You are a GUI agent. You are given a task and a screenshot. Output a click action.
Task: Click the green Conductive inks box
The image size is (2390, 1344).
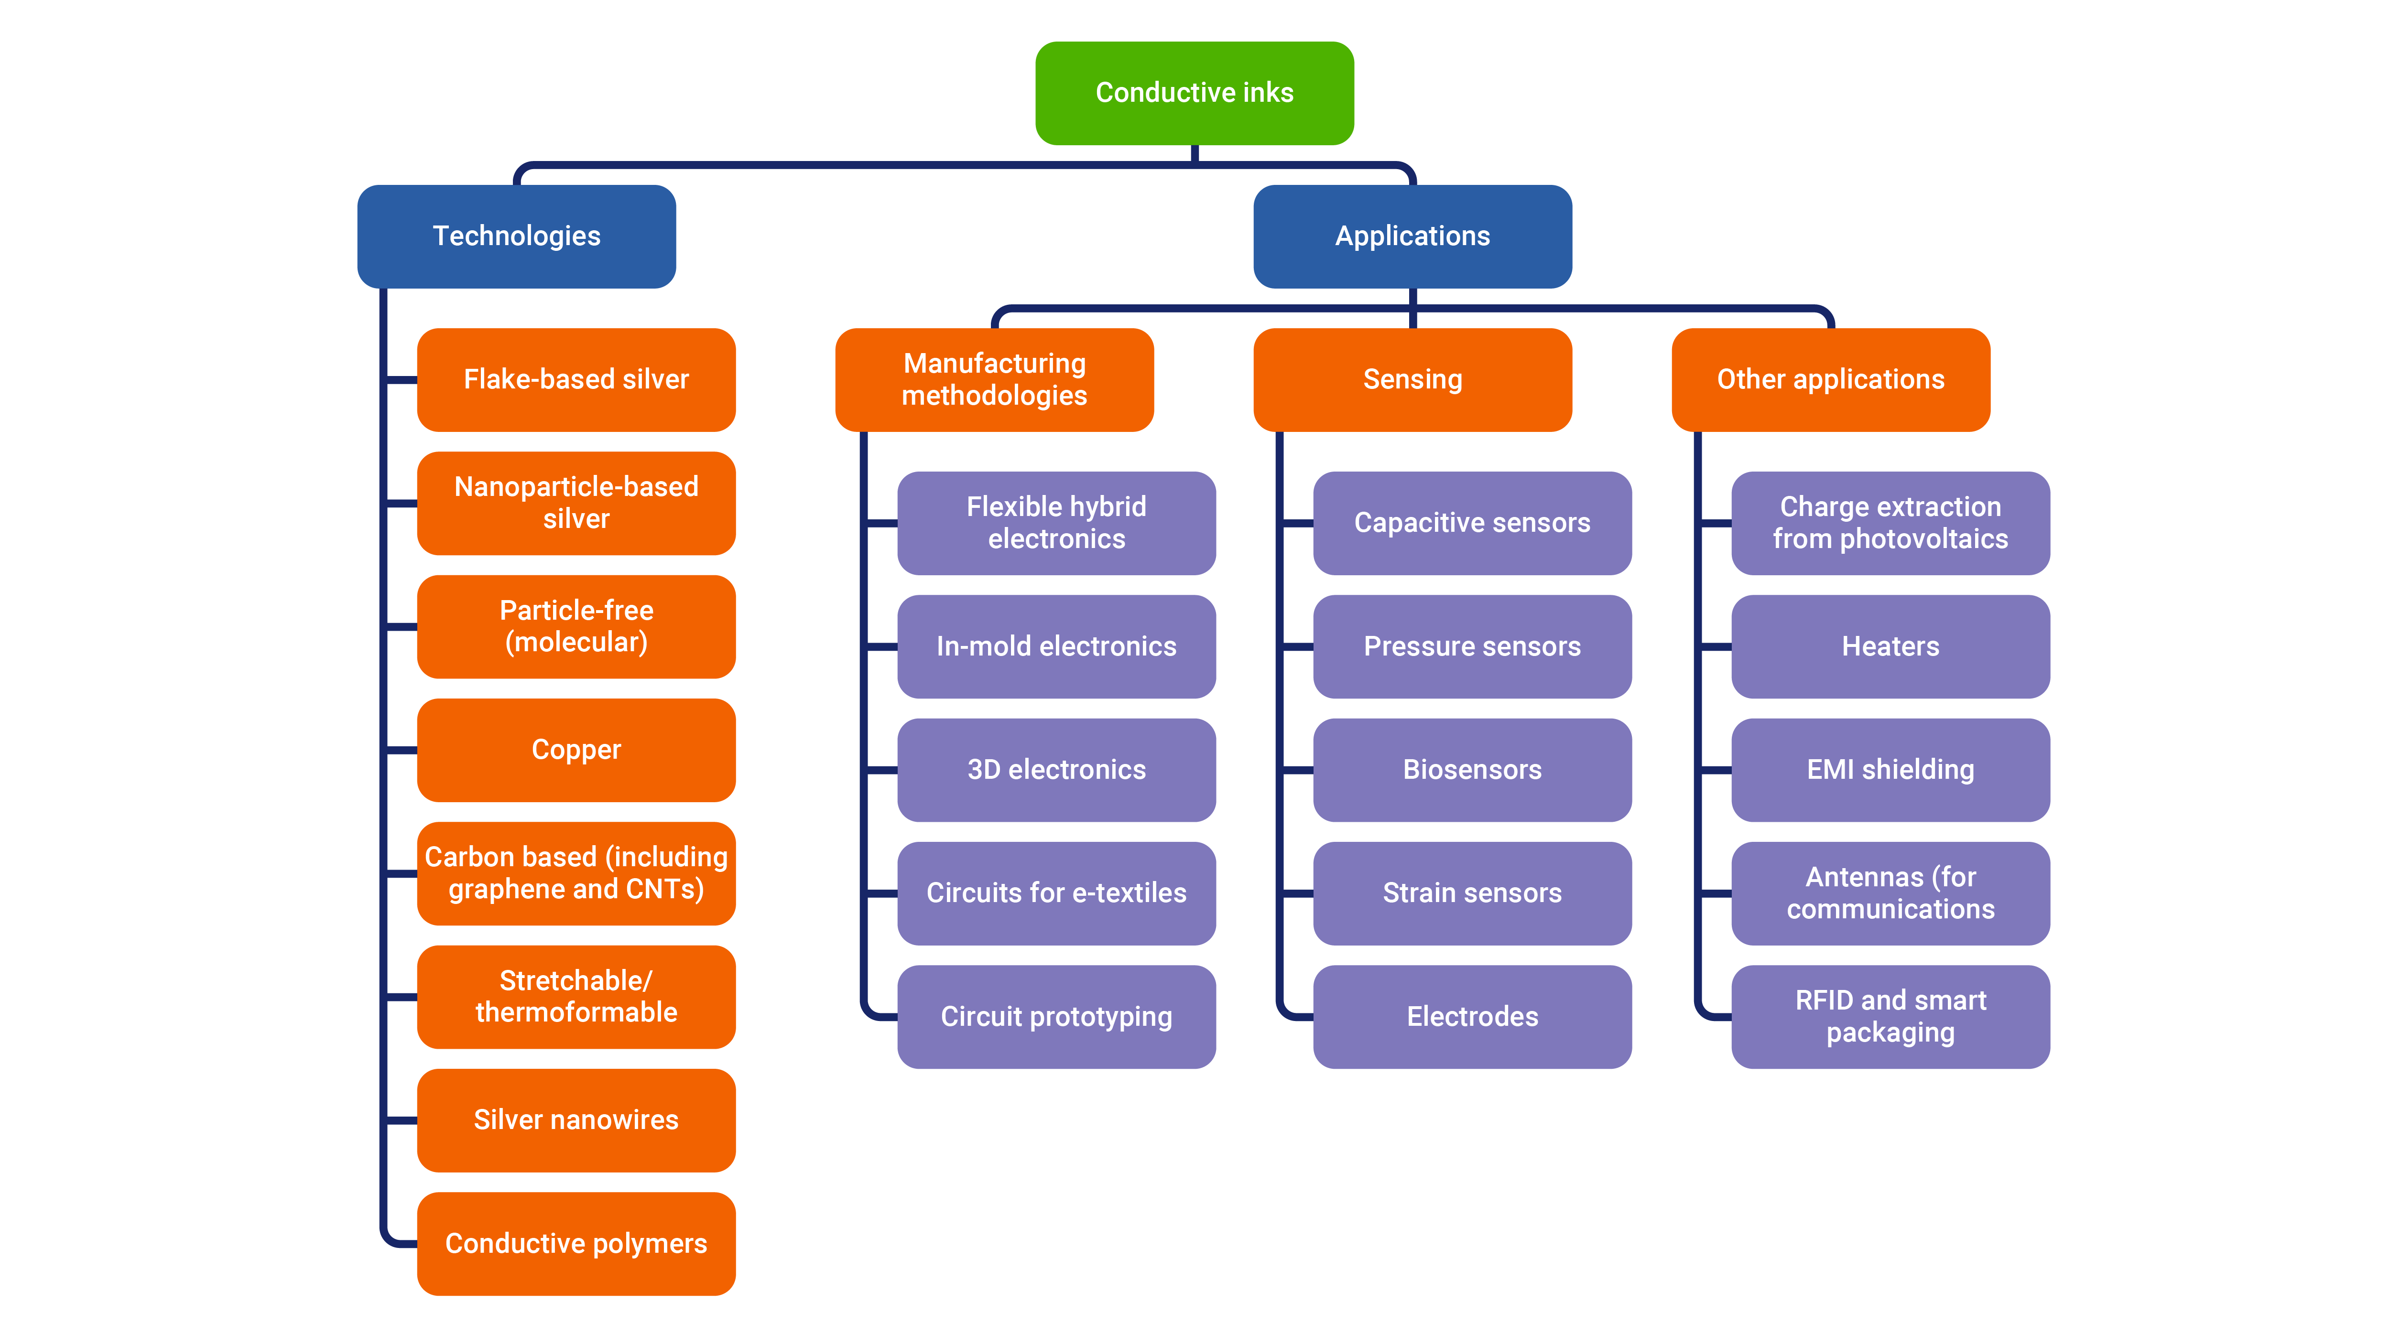pyautogui.click(x=1194, y=93)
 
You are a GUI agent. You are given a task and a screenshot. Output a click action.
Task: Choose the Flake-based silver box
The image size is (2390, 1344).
pyautogui.click(x=576, y=379)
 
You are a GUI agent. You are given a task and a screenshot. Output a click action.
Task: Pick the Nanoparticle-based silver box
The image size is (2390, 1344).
pyautogui.click(x=576, y=503)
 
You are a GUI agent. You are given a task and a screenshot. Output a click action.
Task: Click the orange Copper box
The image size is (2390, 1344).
pyautogui.click(x=576, y=750)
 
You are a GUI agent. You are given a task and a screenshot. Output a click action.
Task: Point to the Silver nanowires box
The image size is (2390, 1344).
pyautogui.click(x=576, y=1119)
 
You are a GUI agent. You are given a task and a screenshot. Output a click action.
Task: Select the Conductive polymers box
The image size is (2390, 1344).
pyautogui.click(x=576, y=1243)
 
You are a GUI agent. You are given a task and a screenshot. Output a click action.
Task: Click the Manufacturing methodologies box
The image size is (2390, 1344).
pyautogui.click(x=995, y=379)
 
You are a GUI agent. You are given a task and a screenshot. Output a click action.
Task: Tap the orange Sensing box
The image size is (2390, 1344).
pyautogui.click(x=1412, y=379)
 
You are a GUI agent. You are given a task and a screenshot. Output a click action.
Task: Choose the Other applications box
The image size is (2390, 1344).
pyautogui.click(x=1831, y=379)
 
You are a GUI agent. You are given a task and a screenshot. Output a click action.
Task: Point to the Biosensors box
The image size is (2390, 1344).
pyautogui.click(x=1472, y=770)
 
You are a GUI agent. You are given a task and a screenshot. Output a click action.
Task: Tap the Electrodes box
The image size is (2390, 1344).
pyautogui.click(x=1472, y=1017)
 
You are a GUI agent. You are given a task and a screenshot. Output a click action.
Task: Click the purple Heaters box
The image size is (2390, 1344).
pyautogui.click(x=1890, y=646)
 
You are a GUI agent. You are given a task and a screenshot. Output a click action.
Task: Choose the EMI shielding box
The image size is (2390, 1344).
pyautogui.click(x=1890, y=770)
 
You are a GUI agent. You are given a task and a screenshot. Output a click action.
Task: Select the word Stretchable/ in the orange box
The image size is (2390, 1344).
pyautogui.click(x=576, y=980)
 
